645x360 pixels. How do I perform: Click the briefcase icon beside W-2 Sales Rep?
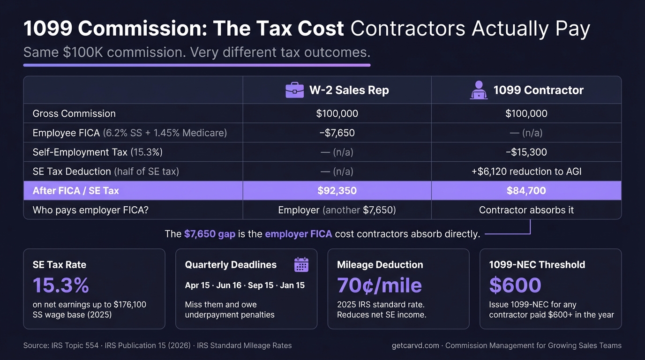tap(294, 90)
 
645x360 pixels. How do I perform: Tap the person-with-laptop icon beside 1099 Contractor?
tap(479, 90)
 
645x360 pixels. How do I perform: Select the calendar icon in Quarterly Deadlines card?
tap(301, 265)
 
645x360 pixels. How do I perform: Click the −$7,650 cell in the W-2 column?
tap(337, 133)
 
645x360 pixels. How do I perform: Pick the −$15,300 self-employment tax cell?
tap(526, 152)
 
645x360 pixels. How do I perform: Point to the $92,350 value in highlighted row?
tap(337, 191)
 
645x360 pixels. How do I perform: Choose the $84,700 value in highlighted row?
tap(526, 191)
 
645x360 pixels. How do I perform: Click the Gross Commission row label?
tap(74, 114)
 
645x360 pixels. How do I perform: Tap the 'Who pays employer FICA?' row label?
tap(90, 210)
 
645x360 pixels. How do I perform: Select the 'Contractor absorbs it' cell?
tap(526, 210)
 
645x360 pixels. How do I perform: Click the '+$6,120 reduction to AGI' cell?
tap(526, 172)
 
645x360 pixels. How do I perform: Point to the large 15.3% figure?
tap(61, 285)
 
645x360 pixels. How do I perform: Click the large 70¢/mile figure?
tap(379, 285)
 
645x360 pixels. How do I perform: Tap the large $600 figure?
tap(515, 285)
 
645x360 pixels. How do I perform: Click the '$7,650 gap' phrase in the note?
tap(210, 234)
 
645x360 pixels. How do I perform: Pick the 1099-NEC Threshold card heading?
tap(537, 265)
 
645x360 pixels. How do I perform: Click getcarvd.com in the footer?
tap(415, 345)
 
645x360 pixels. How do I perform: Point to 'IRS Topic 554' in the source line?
tap(75, 345)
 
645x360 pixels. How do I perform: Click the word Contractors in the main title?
tap(408, 29)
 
